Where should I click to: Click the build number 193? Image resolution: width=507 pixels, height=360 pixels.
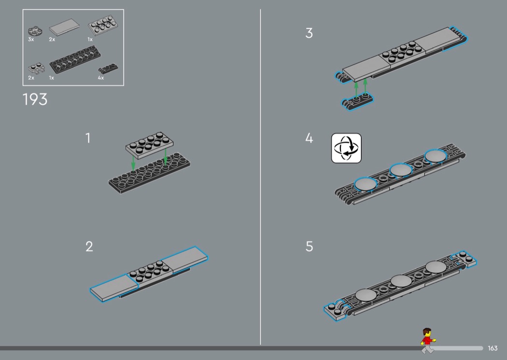click(x=35, y=99)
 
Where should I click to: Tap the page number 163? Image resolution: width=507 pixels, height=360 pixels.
click(x=493, y=348)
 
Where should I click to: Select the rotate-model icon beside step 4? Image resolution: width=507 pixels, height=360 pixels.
click(x=346, y=148)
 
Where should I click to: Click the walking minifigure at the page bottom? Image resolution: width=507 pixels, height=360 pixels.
click(x=426, y=341)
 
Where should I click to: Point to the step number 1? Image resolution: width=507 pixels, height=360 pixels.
click(x=88, y=138)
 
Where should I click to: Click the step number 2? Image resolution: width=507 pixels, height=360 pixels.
click(x=89, y=247)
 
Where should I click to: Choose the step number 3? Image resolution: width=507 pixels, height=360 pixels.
click(x=309, y=33)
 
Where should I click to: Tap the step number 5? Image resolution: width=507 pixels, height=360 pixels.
click(x=309, y=247)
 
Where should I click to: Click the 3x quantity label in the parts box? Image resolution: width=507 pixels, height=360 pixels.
click(x=31, y=40)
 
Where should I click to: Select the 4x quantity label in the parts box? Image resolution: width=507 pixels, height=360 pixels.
click(x=100, y=78)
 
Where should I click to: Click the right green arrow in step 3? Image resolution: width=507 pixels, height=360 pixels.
click(x=366, y=86)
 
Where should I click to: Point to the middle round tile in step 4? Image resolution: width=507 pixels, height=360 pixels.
click(x=400, y=169)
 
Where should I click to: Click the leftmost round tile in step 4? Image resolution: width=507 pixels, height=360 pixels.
click(x=366, y=183)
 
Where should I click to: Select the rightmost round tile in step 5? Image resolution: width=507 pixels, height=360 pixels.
click(x=436, y=266)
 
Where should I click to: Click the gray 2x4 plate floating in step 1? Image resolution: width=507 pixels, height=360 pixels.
click(x=149, y=144)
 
